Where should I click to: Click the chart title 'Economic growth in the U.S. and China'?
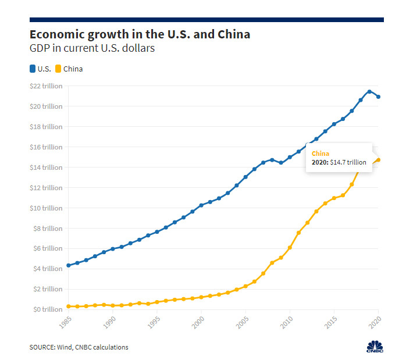(140, 34)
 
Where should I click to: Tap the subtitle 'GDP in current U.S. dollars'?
(92, 49)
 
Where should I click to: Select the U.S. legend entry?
(40, 69)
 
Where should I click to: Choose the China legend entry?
(69, 69)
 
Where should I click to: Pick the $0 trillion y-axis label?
(47, 309)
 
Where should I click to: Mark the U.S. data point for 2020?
(379, 97)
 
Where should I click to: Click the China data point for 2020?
(379, 160)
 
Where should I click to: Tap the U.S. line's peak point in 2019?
(369, 91)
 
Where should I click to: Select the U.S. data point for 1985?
(69, 265)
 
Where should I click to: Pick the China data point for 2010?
(290, 247)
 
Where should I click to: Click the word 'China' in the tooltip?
(320, 153)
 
